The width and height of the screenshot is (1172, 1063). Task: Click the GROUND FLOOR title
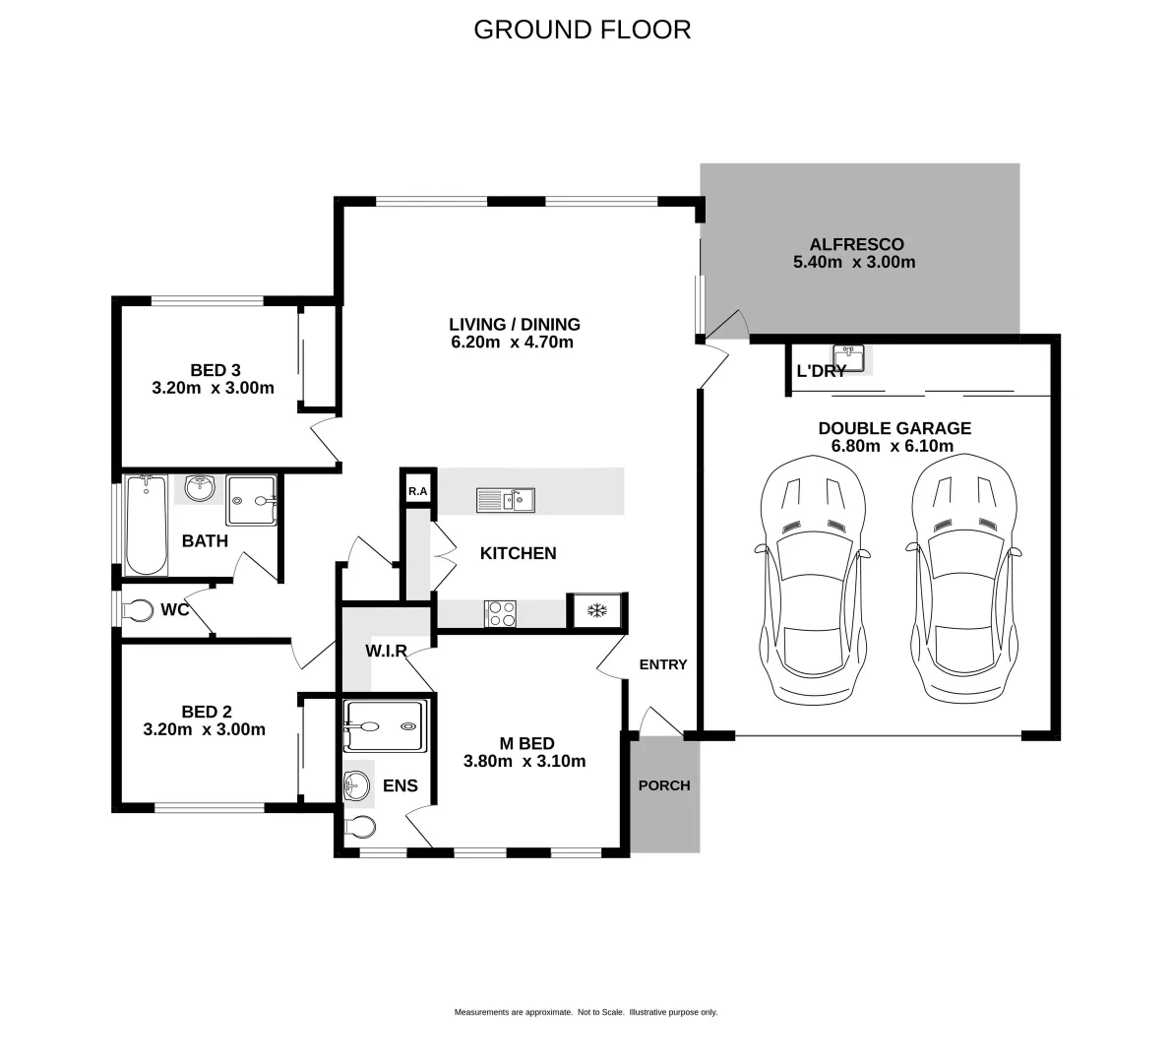(582, 30)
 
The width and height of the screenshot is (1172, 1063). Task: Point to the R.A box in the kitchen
(417, 491)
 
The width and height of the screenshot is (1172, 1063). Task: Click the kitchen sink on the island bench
(506, 500)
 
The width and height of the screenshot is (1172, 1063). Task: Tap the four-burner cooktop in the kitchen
(500, 612)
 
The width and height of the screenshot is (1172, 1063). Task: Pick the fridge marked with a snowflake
(595, 611)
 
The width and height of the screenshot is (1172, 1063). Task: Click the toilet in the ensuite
(359, 826)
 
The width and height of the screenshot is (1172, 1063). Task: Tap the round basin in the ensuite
(356, 784)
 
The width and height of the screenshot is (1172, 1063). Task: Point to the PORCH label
(664, 785)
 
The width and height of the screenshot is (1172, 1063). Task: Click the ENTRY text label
(663, 664)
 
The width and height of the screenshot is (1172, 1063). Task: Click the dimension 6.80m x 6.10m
(894, 446)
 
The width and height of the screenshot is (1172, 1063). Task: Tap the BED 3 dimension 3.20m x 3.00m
(213, 388)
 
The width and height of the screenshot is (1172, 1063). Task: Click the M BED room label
(524, 743)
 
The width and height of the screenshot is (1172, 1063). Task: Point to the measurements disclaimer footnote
(586, 1012)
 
